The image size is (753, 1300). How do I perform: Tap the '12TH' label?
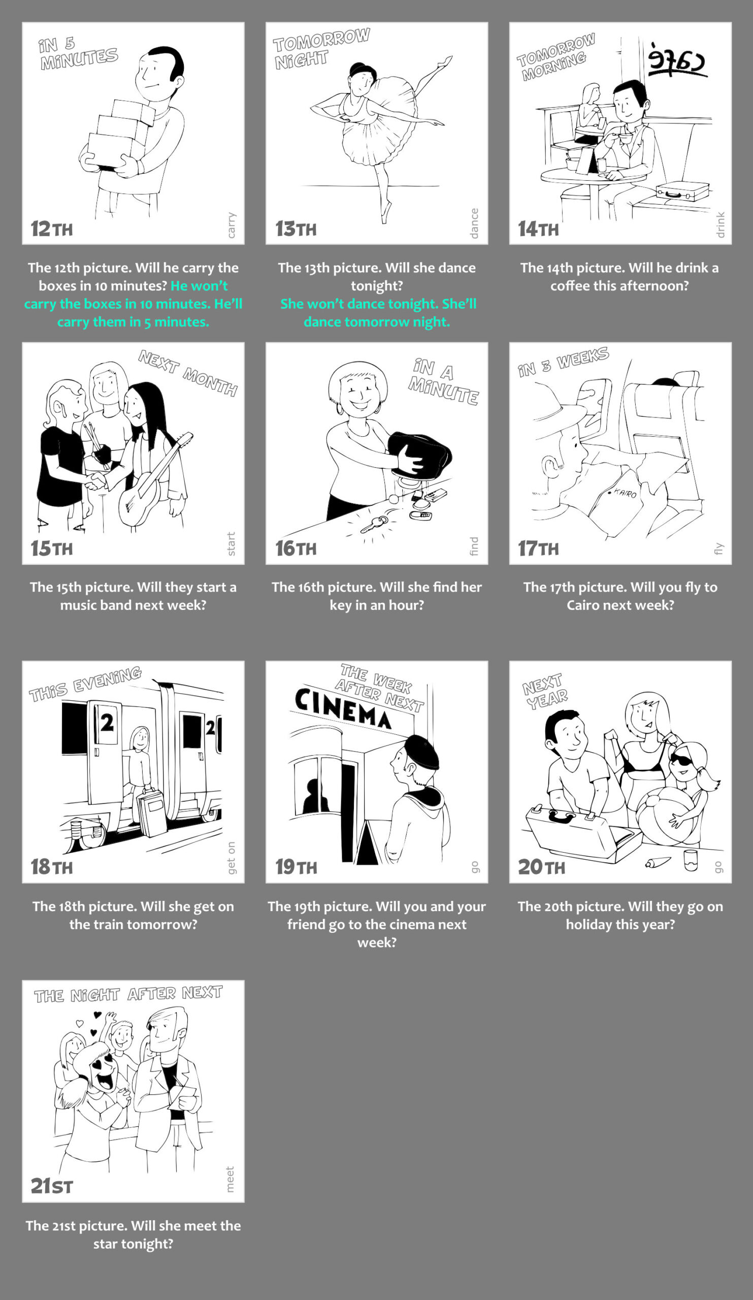pos(52,229)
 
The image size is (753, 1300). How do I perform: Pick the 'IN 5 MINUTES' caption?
pos(77,54)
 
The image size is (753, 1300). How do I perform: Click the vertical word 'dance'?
pos(474,223)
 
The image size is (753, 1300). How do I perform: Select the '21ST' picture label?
pos(52,1186)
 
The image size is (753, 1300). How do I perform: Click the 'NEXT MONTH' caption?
pos(188,373)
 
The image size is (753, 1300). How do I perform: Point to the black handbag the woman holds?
pos(420,454)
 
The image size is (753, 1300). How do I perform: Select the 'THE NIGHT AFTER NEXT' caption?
pos(128,994)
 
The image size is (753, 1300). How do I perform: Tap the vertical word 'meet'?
pos(230,1179)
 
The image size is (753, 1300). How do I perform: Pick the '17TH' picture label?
pos(538,548)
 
